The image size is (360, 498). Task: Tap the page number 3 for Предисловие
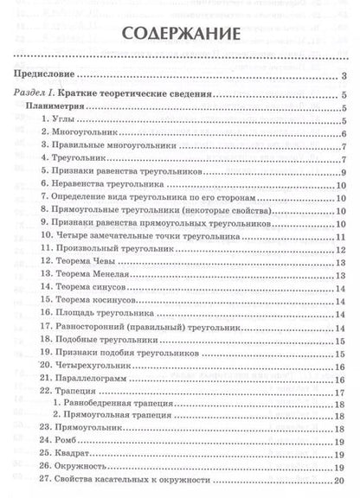tap(344, 77)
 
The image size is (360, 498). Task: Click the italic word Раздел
tap(35, 94)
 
